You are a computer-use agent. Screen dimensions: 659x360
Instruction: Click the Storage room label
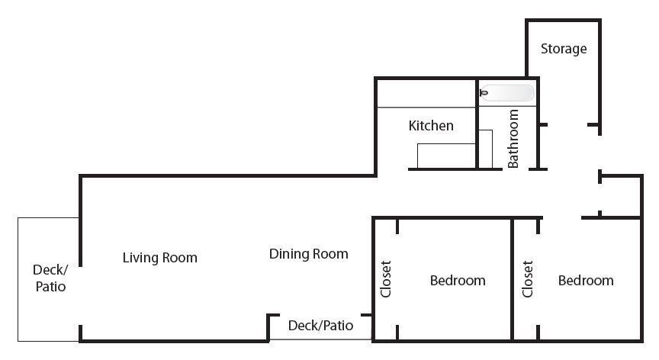coord(564,49)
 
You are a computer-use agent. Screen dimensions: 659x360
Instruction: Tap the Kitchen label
coord(431,126)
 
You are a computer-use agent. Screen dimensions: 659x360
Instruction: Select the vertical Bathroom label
coord(513,139)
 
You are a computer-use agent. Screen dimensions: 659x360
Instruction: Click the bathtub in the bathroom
coord(507,93)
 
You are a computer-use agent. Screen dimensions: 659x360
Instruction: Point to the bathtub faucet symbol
coord(484,93)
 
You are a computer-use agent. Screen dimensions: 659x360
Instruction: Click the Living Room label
coord(159,258)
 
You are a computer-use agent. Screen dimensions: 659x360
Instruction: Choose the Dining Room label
coord(308,254)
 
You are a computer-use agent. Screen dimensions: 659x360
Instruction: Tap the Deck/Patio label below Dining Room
coord(320,325)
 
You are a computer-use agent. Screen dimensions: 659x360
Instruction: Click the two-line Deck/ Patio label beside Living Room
coord(50,278)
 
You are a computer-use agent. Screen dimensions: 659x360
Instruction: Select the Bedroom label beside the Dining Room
coord(458,280)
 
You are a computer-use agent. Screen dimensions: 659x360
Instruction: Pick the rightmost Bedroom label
coord(586,280)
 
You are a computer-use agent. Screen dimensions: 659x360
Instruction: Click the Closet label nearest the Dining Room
coord(386,279)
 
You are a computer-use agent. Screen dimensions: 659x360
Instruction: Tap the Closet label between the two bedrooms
coord(528,279)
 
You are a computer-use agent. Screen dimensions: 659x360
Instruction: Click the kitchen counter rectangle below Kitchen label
coord(446,156)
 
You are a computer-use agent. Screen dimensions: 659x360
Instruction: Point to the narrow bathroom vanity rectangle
coord(485,149)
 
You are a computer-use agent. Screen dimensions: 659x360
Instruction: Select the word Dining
coord(289,254)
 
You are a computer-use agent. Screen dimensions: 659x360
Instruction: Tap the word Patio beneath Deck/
coord(50,287)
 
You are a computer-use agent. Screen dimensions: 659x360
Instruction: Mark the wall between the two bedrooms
coord(513,279)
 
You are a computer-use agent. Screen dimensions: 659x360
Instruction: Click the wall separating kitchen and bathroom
coord(477,124)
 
